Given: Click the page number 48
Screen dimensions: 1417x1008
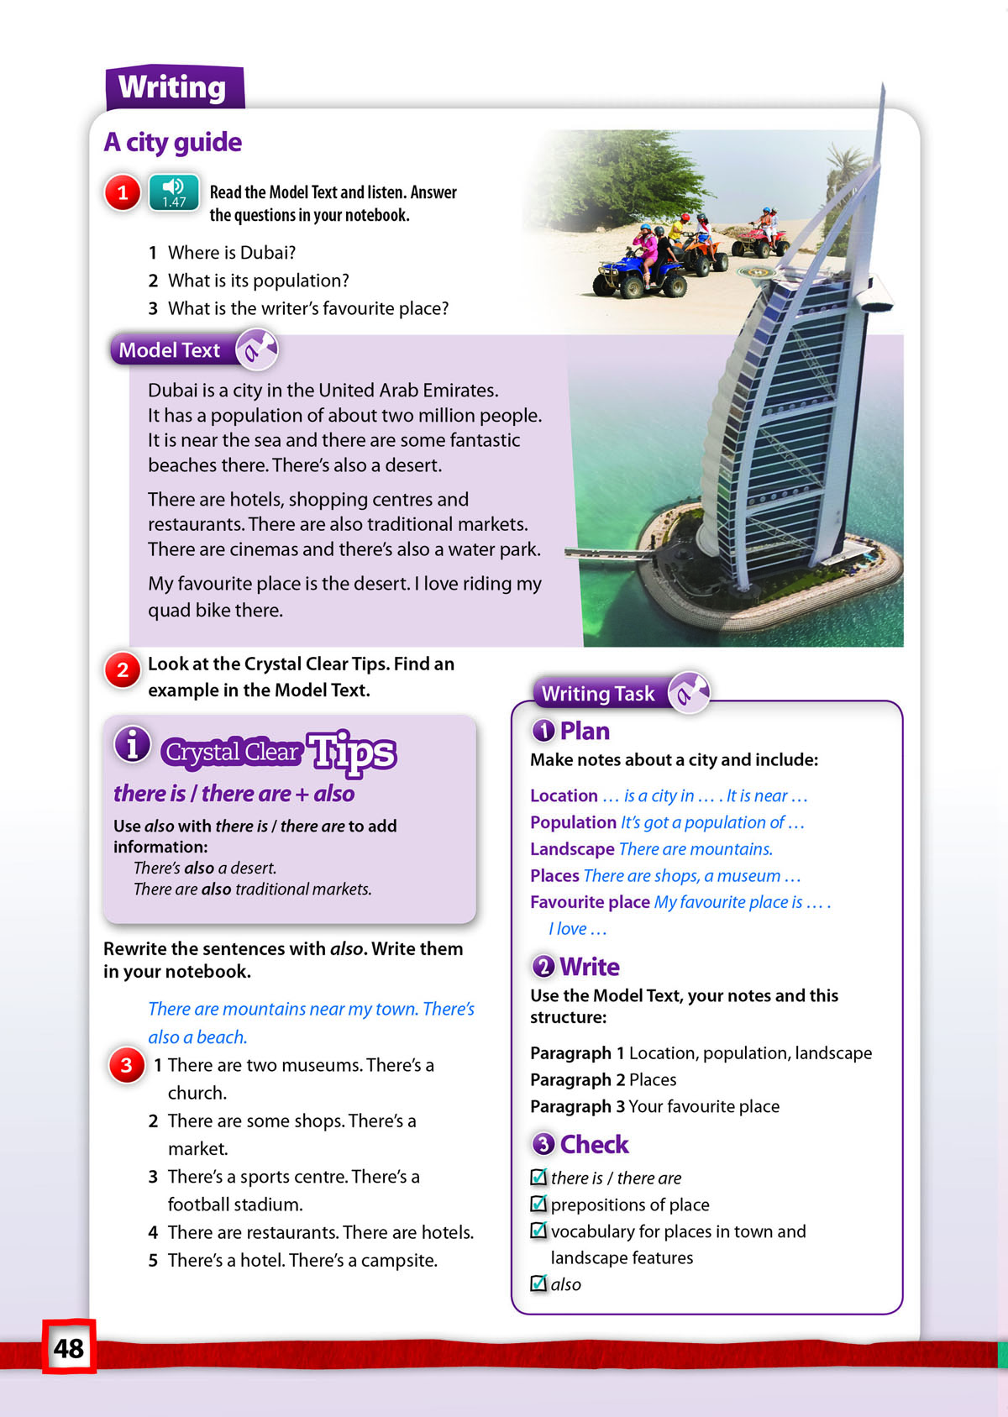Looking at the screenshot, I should click(x=69, y=1347).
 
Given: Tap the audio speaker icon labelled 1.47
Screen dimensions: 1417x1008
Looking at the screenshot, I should click(x=174, y=192).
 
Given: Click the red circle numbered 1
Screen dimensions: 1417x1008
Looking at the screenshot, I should click(x=123, y=193).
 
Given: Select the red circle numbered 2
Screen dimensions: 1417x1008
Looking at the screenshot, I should click(x=123, y=669).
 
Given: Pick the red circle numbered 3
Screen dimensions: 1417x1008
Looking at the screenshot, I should click(x=127, y=1065).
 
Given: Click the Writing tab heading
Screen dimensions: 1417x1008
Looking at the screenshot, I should click(x=173, y=87).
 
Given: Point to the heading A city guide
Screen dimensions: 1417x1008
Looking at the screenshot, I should click(x=173, y=142).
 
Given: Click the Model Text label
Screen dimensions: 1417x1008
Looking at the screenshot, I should click(x=170, y=350).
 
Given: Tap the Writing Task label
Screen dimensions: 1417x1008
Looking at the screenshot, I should click(x=597, y=693).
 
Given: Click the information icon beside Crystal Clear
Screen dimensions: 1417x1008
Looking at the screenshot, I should click(x=133, y=743).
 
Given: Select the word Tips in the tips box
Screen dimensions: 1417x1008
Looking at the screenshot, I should click(x=352, y=752).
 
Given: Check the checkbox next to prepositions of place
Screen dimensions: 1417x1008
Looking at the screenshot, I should click(x=538, y=1204).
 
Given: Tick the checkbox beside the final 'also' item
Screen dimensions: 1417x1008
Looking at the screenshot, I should click(x=538, y=1283).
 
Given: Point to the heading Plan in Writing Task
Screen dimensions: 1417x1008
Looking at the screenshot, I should click(x=585, y=731).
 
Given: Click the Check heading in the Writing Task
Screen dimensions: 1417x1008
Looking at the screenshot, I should click(x=594, y=1144).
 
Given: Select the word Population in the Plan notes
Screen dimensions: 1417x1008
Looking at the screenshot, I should click(x=573, y=822).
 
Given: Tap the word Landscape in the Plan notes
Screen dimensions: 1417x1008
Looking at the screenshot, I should click(x=572, y=849).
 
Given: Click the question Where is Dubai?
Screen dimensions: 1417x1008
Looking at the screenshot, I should click(x=232, y=253).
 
